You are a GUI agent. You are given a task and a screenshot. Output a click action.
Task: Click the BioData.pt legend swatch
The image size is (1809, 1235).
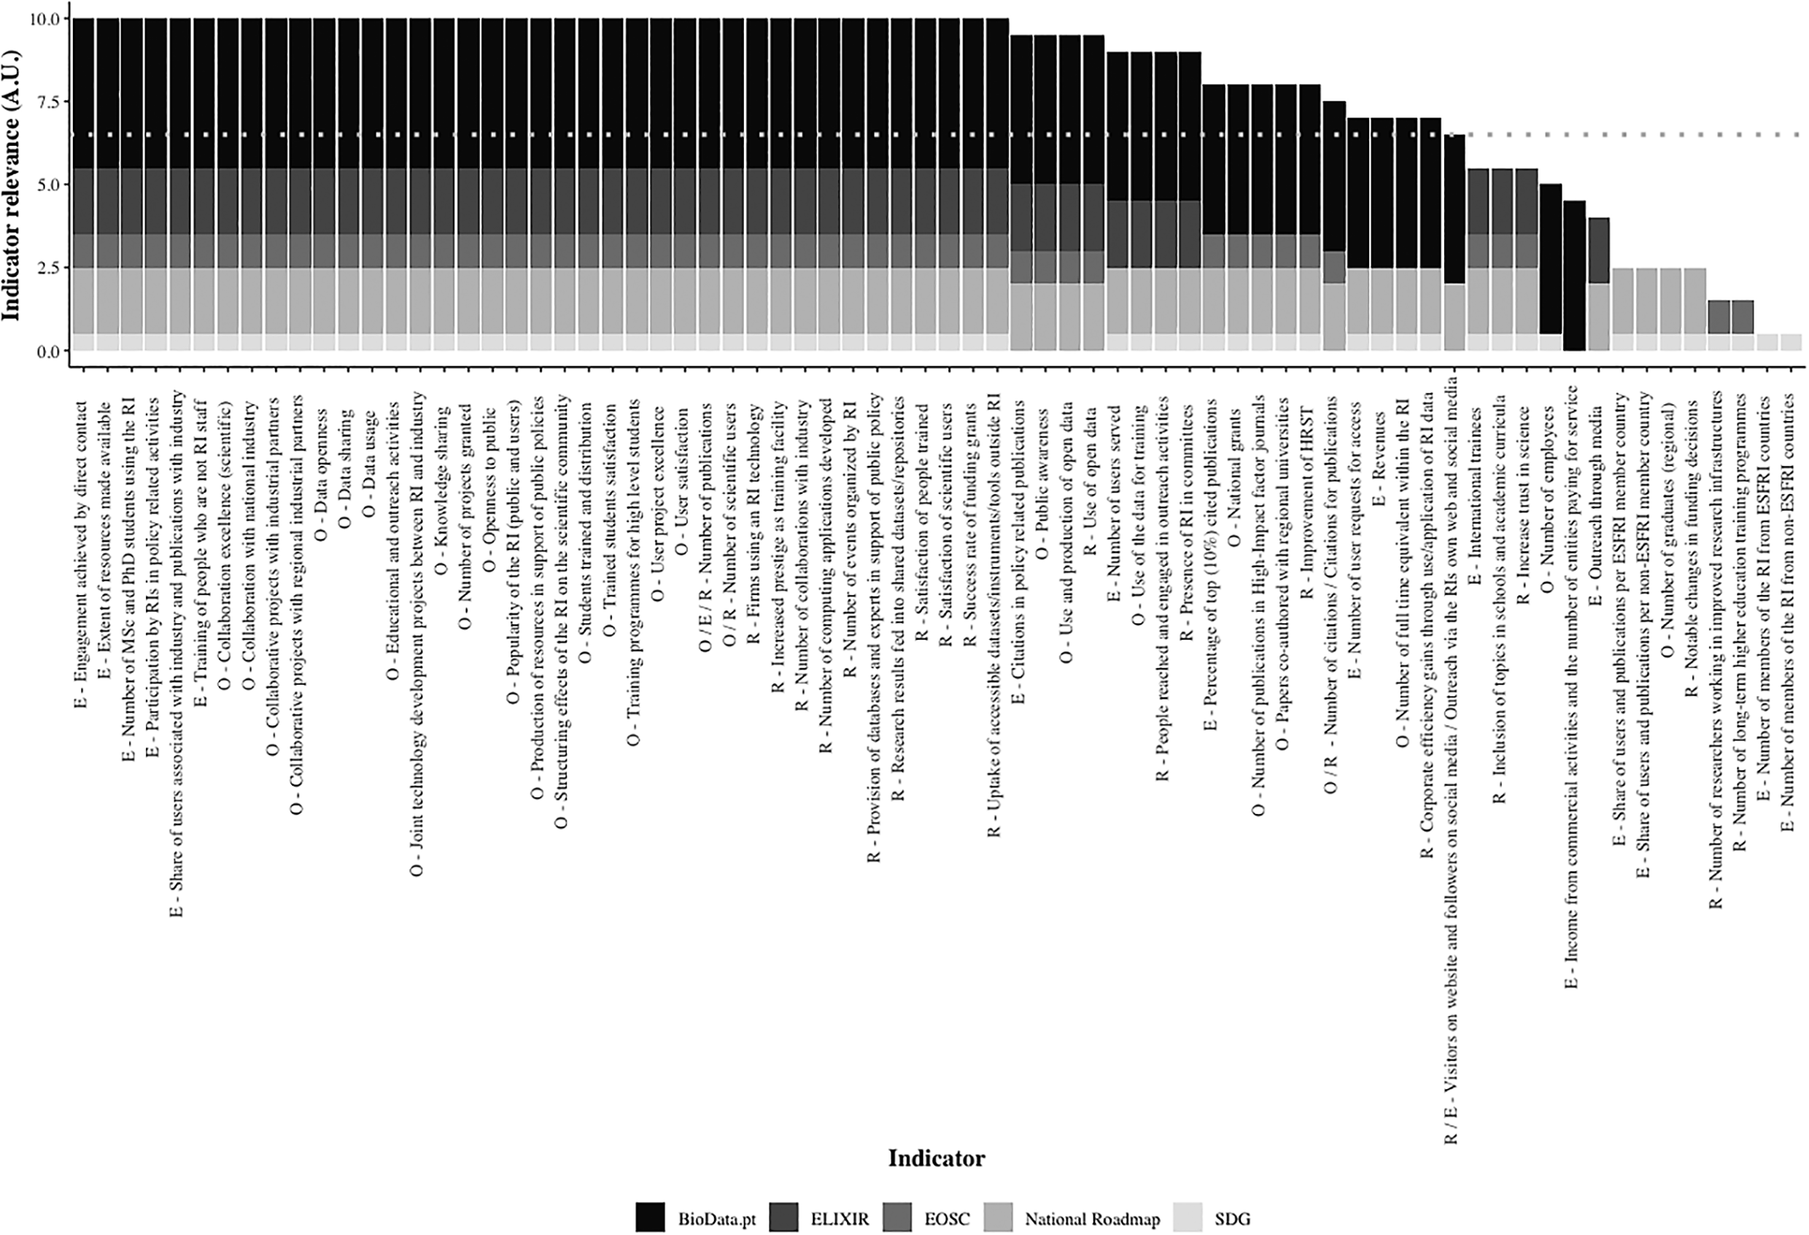(x=650, y=1218)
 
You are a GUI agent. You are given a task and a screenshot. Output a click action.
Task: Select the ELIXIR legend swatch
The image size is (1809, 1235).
(x=783, y=1218)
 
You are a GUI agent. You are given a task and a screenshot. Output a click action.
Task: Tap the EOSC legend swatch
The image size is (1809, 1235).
(x=897, y=1218)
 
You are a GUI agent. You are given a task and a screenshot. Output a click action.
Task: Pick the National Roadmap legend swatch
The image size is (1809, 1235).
(x=998, y=1218)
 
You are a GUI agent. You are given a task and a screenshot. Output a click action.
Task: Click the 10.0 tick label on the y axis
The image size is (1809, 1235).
(x=44, y=19)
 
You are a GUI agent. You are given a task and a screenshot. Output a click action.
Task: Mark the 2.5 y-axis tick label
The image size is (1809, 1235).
(x=44, y=268)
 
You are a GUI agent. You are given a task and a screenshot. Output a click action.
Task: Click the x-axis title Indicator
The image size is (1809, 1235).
(x=937, y=1158)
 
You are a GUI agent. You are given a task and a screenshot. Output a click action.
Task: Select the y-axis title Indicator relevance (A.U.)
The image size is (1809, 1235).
(x=11, y=185)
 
